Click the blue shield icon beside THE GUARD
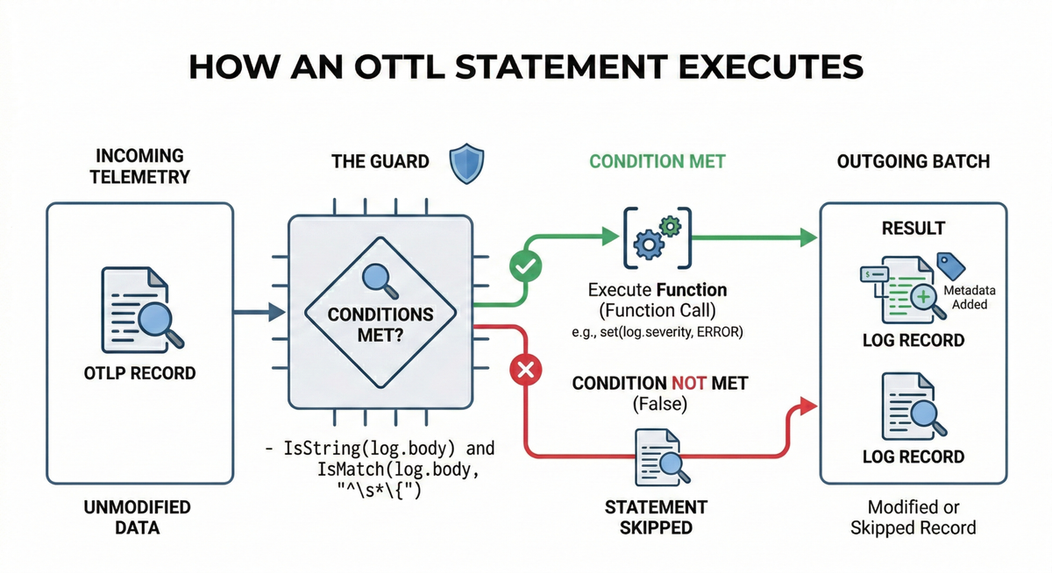[465, 163]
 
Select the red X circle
[525, 371]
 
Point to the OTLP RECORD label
[140, 372]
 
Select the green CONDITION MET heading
[657, 162]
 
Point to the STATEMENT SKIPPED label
[656, 517]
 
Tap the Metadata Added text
[967, 297]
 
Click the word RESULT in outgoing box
[913, 228]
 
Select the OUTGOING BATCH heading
[913, 162]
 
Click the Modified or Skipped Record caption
[913, 517]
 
